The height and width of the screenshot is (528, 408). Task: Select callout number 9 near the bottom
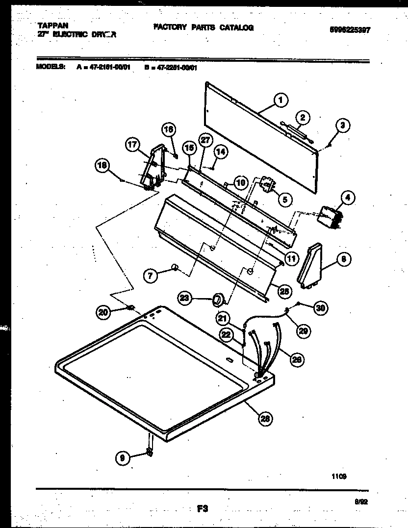[123, 458]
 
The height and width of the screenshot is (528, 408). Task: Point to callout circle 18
[102, 166]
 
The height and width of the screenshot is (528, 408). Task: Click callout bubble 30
[320, 308]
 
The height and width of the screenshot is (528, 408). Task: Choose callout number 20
[103, 311]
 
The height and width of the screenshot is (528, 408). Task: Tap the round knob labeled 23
[217, 299]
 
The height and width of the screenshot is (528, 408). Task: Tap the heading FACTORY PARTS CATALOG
[203, 28]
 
